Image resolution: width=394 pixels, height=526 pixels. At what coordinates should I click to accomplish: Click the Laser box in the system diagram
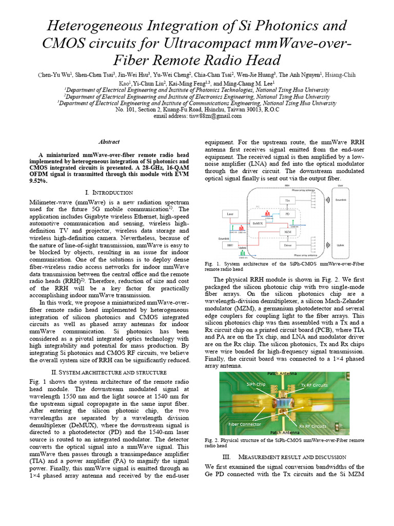pyautogui.click(x=230, y=213)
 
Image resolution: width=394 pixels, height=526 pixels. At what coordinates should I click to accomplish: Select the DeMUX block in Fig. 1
pyautogui.click(x=258, y=223)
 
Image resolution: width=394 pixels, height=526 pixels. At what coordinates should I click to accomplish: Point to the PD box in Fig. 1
pyautogui.click(x=287, y=213)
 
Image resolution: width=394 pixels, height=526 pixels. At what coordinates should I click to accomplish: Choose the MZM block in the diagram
pyautogui.click(x=287, y=232)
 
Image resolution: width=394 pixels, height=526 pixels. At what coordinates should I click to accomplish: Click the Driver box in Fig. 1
pyautogui.click(x=287, y=246)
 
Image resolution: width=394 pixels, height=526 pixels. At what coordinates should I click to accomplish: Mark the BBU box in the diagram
pyautogui.click(x=230, y=246)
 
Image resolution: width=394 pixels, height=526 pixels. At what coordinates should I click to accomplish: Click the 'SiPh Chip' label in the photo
pyautogui.click(x=255, y=384)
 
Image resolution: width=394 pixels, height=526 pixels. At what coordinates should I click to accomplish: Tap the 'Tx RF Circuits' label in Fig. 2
pyautogui.click(x=314, y=385)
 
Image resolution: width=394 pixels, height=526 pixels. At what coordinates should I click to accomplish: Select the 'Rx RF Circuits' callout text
pyautogui.click(x=312, y=426)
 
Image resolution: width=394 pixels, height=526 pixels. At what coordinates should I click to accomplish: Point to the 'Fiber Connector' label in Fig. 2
pyautogui.click(x=245, y=424)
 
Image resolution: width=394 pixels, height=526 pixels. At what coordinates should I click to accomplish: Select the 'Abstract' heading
pyautogui.click(x=109, y=142)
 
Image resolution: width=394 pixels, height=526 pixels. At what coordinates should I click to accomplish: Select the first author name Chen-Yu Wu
pyautogui.click(x=55, y=75)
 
